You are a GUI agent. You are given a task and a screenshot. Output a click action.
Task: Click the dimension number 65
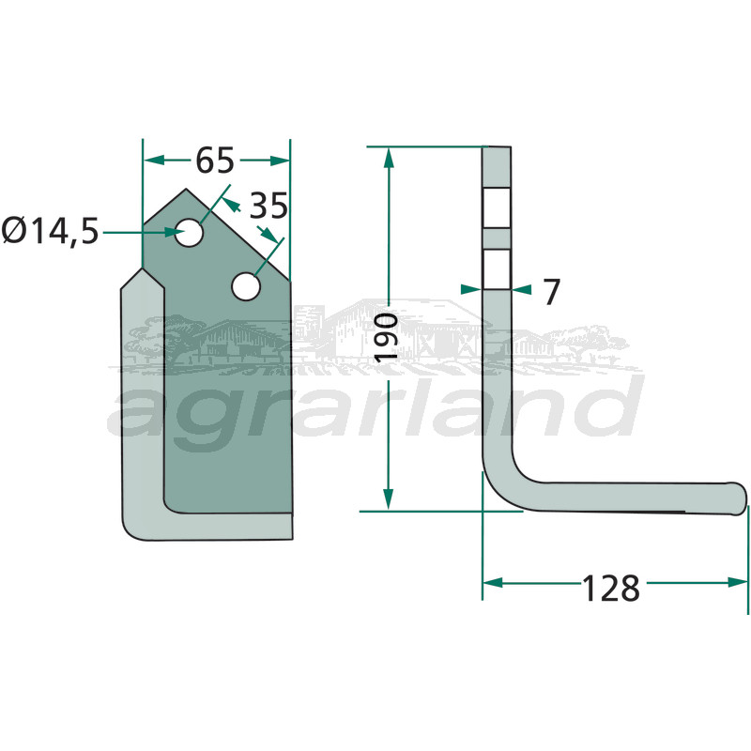click(215, 161)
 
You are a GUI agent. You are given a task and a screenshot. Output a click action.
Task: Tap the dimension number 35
click(268, 207)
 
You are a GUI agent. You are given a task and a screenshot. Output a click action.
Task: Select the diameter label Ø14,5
click(51, 231)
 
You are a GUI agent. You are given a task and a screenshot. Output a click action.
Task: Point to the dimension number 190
click(387, 338)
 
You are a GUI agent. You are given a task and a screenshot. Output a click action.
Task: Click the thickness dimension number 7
click(551, 292)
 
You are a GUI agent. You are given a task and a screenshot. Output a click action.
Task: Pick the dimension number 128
click(611, 589)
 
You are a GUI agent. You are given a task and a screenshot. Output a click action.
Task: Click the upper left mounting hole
click(190, 233)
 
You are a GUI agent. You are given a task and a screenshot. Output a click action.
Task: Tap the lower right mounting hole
click(246, 286)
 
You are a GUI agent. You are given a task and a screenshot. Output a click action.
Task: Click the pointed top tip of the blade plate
click(186, 190)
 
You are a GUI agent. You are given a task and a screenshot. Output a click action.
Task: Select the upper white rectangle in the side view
click(497, 207)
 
